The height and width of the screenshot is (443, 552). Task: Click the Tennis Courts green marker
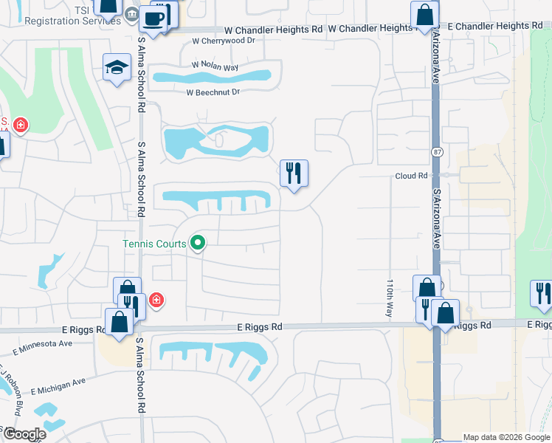pyautogui.click(x=197, y=241)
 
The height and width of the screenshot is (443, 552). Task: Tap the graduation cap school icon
pyautogui.click(x=117, y=68)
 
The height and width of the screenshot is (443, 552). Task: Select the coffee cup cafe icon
pyautogui.click(x=153, y=19)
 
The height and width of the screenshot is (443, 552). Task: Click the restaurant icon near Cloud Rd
pyautogui.click(x=294, y=174)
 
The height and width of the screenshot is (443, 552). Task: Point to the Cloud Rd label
pyautogui.click(x=412, y=176)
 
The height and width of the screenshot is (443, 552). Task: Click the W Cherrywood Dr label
pyautogui.click(x=223, y=41)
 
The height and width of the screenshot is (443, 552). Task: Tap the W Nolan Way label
pyautogui.click(x=215, y=65)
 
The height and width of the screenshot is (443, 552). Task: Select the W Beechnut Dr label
pyautogui.click(x=213, y=92)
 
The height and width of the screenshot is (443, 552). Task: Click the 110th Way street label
pyautogui.click(x=389, y=298)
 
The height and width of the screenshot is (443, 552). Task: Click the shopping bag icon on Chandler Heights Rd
pyautogui.click(x=425, y=14)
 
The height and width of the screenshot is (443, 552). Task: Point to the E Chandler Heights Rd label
pyautogui.click(x=494, y=26)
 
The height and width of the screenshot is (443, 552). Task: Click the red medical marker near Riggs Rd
pyautogui.click(x=156, y=299)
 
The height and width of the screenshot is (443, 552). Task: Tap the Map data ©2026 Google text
pyautogui.click(x=506, y=437)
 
